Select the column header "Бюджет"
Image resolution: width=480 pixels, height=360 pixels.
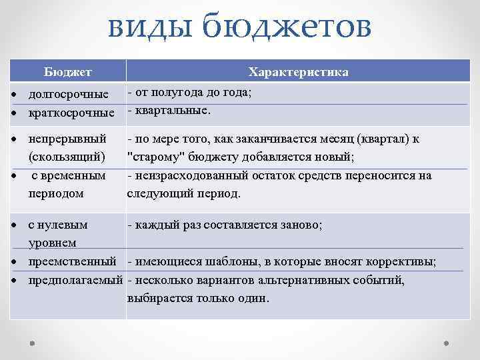68,71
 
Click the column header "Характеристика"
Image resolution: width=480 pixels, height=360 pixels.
298,71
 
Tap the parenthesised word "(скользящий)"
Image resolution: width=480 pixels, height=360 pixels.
67,157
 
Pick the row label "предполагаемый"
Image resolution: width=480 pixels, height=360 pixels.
76,279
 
